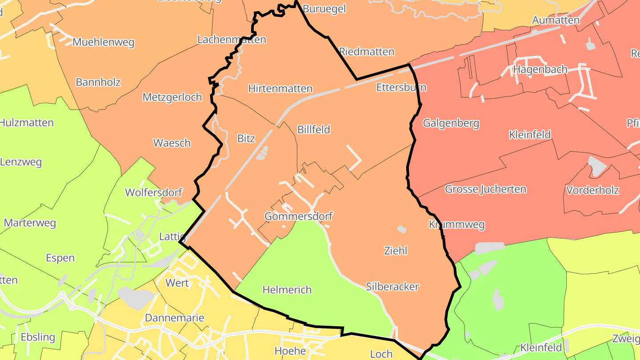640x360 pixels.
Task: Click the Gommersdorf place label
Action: point(298,216)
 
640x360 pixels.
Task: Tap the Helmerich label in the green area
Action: point(287,290)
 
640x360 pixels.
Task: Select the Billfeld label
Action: point(314,129)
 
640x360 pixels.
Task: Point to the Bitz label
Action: point(246,138)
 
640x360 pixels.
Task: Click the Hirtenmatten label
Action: point(280,88)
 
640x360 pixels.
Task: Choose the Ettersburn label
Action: point(401,87)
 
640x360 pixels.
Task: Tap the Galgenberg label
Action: point(451,123)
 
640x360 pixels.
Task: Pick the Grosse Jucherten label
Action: point(485,189)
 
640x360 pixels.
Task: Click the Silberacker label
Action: point(392,287)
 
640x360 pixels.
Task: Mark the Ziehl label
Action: point(396,251)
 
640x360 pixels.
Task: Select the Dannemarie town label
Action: point(175,318)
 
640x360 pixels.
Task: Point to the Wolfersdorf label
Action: point(154,192)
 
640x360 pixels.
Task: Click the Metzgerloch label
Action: point(172,97)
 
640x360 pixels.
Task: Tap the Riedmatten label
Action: point(367,52)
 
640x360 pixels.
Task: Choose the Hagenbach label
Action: point(540,69)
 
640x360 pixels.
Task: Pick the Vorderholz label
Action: point(592,190)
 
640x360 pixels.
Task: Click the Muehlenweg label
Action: point(103,42)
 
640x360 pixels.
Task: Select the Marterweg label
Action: point(30,223)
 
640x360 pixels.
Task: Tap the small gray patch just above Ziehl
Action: point(402,229)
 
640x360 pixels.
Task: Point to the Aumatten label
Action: point(556,20)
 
